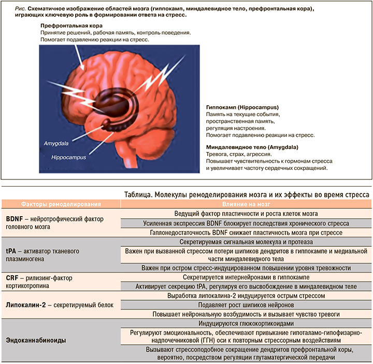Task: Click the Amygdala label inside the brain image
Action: pyautogui.click(x=54, y=141)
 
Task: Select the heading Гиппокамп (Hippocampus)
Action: pyautogui.click(x=242, y=106)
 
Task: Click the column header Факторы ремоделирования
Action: pyautogui.click(x=61, y=204)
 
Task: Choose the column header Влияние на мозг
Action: pyautogui.click(x=245, y=204)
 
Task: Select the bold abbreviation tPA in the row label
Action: pyautogui.click(x=11, y=251)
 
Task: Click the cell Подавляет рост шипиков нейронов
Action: pyautogui.click(x=245, y=305)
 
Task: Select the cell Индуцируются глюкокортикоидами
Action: pyautogui.click(x=245, y=323)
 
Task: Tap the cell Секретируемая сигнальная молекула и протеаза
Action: pyautogui.click(x=245, y=242)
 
